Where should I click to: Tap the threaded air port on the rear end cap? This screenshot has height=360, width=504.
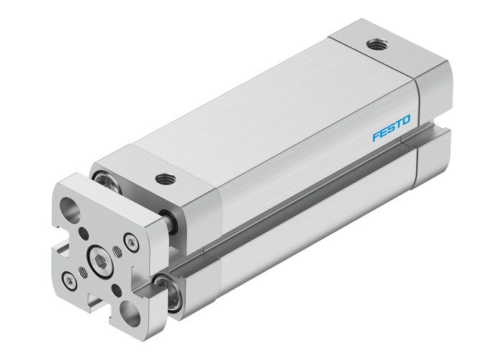click(x=374, y=46)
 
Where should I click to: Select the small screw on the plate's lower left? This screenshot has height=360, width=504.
click(x=70, y=278)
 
